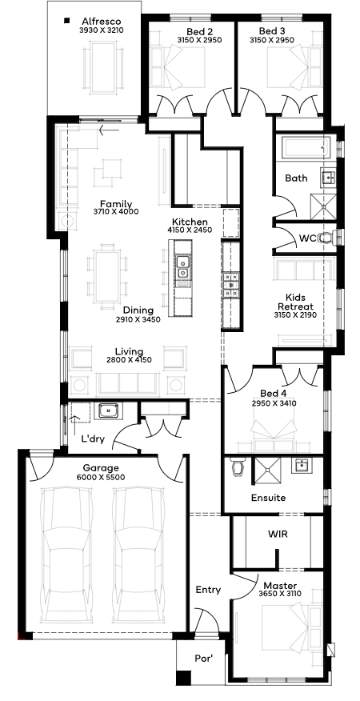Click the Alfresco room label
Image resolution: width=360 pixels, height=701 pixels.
(x=102, y=21)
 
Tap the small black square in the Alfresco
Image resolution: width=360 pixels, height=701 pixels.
(x=67, y=20)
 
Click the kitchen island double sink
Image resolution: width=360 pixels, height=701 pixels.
(x=182, y=267)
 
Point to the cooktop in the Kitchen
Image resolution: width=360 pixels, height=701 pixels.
(x=231, y=284)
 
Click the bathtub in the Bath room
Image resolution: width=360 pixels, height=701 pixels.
(x=306, y=148)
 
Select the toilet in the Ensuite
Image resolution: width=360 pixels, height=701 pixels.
(x=237, y=467)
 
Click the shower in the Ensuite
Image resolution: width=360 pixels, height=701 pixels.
(x=267, y=471)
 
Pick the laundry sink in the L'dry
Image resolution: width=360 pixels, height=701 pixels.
(x=108, y=410)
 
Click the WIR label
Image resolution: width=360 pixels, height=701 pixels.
(x=278, y=535)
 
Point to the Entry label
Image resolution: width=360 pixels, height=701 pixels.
(x=208, y=590)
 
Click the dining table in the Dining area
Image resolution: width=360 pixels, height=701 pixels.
(x=107, y=276)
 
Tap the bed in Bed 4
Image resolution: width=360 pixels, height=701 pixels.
(x=275, y=434)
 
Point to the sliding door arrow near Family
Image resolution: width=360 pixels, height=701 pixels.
(x=109, y=130)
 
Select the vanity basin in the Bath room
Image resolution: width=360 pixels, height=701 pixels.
(x=328, y=178)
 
